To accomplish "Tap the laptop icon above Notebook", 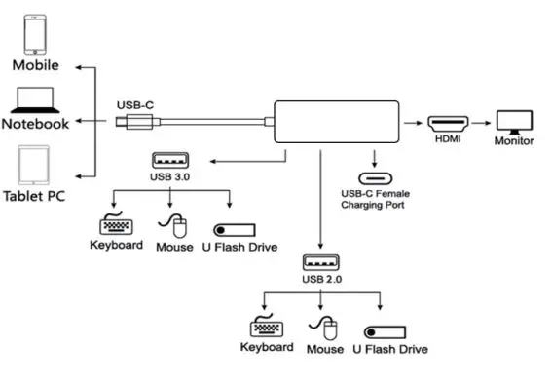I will (x=35, y=99).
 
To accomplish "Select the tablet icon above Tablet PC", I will (x=33, y=165).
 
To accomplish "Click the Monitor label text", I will (x=513, y=141).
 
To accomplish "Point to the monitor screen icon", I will (x=513, y=120).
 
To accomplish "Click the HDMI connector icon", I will (x=449, y=124).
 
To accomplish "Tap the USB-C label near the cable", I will (x=135, y=104).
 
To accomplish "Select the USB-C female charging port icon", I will (x=374, y=178).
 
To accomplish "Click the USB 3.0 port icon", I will (x=170, y=160).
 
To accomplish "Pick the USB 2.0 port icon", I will (x=320, y=262).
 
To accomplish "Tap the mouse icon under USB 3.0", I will (x=177, y=227).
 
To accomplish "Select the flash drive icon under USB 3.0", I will (x=233, y=230).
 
